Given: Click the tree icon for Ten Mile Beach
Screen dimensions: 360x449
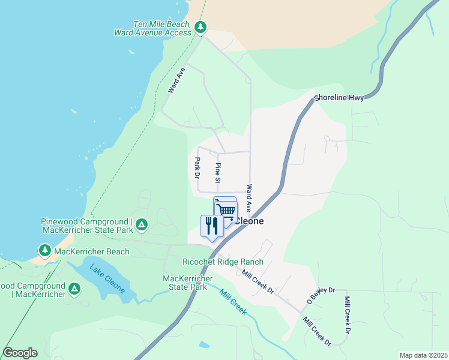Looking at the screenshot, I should (200, 27).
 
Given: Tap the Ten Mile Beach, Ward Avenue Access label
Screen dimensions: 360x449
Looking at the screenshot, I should (153, 28).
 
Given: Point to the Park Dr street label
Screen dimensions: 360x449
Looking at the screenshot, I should (197, 168).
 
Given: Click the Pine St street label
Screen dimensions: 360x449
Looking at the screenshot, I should (218, 173).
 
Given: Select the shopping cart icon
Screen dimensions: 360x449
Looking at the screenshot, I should (226, 210).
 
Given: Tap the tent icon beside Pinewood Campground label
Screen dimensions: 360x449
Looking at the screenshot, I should (141, 225).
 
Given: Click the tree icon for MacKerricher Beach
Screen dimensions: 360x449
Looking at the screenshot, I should (44, 250).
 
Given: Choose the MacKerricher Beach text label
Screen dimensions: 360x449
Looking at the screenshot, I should (91, 251).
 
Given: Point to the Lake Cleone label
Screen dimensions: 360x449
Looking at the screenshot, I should (108, 279).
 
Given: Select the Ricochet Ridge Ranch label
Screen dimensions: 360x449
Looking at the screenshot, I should (223, 262).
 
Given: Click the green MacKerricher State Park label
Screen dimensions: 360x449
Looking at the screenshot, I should (188, 283).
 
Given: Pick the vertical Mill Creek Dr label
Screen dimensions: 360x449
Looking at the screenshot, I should (347, 314).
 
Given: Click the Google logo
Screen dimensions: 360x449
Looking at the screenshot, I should (20, 353).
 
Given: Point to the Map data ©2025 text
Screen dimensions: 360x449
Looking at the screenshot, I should (423, 355).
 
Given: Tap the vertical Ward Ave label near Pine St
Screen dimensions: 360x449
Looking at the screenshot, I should (249, 197).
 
